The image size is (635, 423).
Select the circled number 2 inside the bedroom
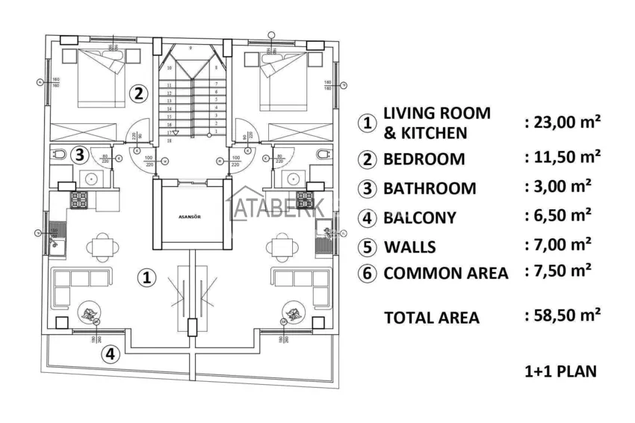tap(137, 93)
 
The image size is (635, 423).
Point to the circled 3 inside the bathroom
tap(80, 155)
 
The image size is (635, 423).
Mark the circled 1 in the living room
tap(148, 277)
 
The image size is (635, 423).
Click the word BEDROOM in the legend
tap(424, 159)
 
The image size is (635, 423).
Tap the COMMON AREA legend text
tap(445, 274)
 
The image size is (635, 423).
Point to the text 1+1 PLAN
tap(560, 371)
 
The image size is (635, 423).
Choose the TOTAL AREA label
tap(431, 318)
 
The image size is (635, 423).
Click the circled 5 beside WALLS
tap(366, 247)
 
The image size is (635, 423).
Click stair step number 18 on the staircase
tap(170, 140)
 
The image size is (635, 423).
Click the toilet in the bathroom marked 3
tap(59, 155)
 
